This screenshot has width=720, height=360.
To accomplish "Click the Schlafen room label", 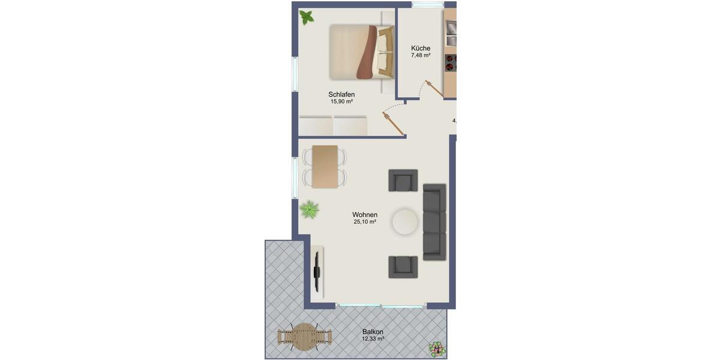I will [341, 94].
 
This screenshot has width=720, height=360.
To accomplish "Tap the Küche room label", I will [421, 48].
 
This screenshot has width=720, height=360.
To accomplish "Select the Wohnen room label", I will [365, 214].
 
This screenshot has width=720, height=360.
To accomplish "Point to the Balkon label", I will [373, 331].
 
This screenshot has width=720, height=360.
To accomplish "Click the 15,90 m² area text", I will [341, 102].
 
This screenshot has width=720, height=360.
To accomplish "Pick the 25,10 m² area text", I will [365, 222].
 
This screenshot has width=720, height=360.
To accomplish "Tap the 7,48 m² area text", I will [421, 56].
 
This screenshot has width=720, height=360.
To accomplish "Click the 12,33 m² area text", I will [373, 339].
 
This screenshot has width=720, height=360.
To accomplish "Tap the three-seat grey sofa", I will [434, 222].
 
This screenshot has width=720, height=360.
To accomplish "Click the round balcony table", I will [305, 337].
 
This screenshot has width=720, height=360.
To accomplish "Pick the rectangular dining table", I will [325, 166].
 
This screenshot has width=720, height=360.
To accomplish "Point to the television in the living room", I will [317, 271].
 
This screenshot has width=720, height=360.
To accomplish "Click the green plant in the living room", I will [309, 209].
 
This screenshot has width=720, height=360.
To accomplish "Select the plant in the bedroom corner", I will [307, 17].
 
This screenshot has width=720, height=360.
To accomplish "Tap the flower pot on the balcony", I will [437, 349].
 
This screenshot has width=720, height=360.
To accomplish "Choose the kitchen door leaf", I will [434, 88].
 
